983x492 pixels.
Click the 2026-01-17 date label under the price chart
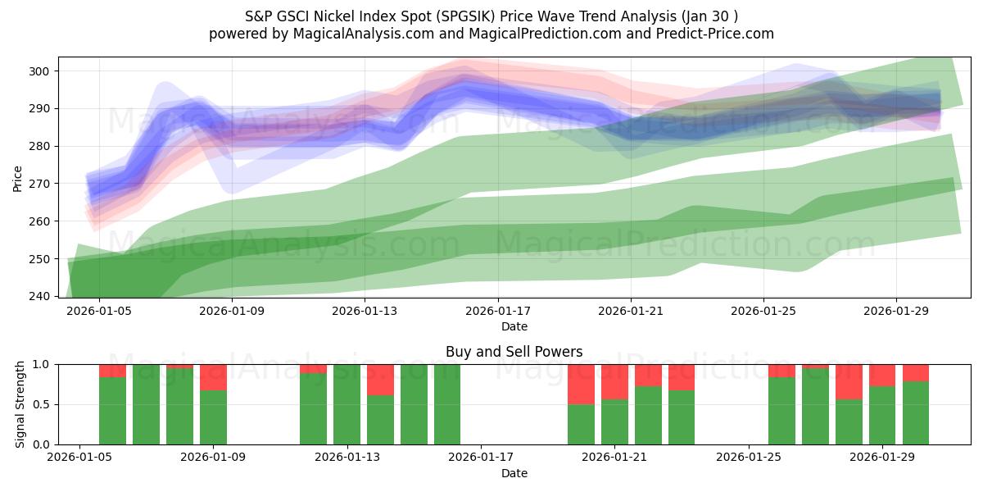point(497,312)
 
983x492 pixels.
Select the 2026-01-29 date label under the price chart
point(895,312)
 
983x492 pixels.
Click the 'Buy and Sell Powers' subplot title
point(514,352)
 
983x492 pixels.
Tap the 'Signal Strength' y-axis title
point(20,404)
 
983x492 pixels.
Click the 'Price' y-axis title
point(18,177)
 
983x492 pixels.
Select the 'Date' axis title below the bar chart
point(514,473)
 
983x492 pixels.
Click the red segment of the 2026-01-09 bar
point(213,377)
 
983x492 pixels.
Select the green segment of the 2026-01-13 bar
point(347,404)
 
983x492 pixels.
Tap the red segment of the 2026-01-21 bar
point(614,381)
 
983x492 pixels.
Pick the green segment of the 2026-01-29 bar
point(882,415)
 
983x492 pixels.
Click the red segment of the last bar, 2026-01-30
point(916,373)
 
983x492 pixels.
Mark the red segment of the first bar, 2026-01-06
point(112,371)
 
